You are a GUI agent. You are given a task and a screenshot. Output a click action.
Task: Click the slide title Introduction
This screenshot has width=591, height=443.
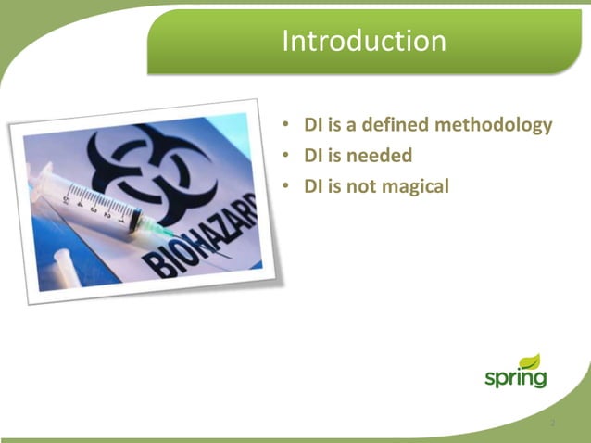point(363,41)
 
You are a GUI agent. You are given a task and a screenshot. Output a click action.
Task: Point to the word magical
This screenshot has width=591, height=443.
point(413,186)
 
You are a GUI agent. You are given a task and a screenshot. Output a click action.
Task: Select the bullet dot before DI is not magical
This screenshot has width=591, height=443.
point(287,186)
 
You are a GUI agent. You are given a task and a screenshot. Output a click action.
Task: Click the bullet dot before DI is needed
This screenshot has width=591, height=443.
point(287,156)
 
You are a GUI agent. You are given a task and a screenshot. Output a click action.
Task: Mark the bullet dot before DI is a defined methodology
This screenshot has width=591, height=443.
point(287,124)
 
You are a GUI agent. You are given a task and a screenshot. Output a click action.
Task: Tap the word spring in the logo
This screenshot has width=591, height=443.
point(514,378)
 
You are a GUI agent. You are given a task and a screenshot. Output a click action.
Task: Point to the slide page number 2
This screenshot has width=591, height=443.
point(552,424)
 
